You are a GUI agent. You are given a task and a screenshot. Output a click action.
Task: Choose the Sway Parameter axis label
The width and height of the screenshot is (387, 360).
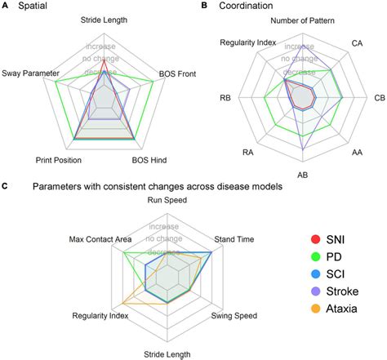[x=29, y=73]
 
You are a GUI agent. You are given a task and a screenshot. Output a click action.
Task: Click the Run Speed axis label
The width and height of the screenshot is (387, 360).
[x=167, y=199]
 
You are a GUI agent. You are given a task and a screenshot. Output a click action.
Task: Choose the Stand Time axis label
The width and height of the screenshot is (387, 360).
[x=233, y=240]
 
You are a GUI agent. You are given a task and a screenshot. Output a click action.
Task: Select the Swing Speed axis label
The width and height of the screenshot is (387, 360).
[x=234, y=315]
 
